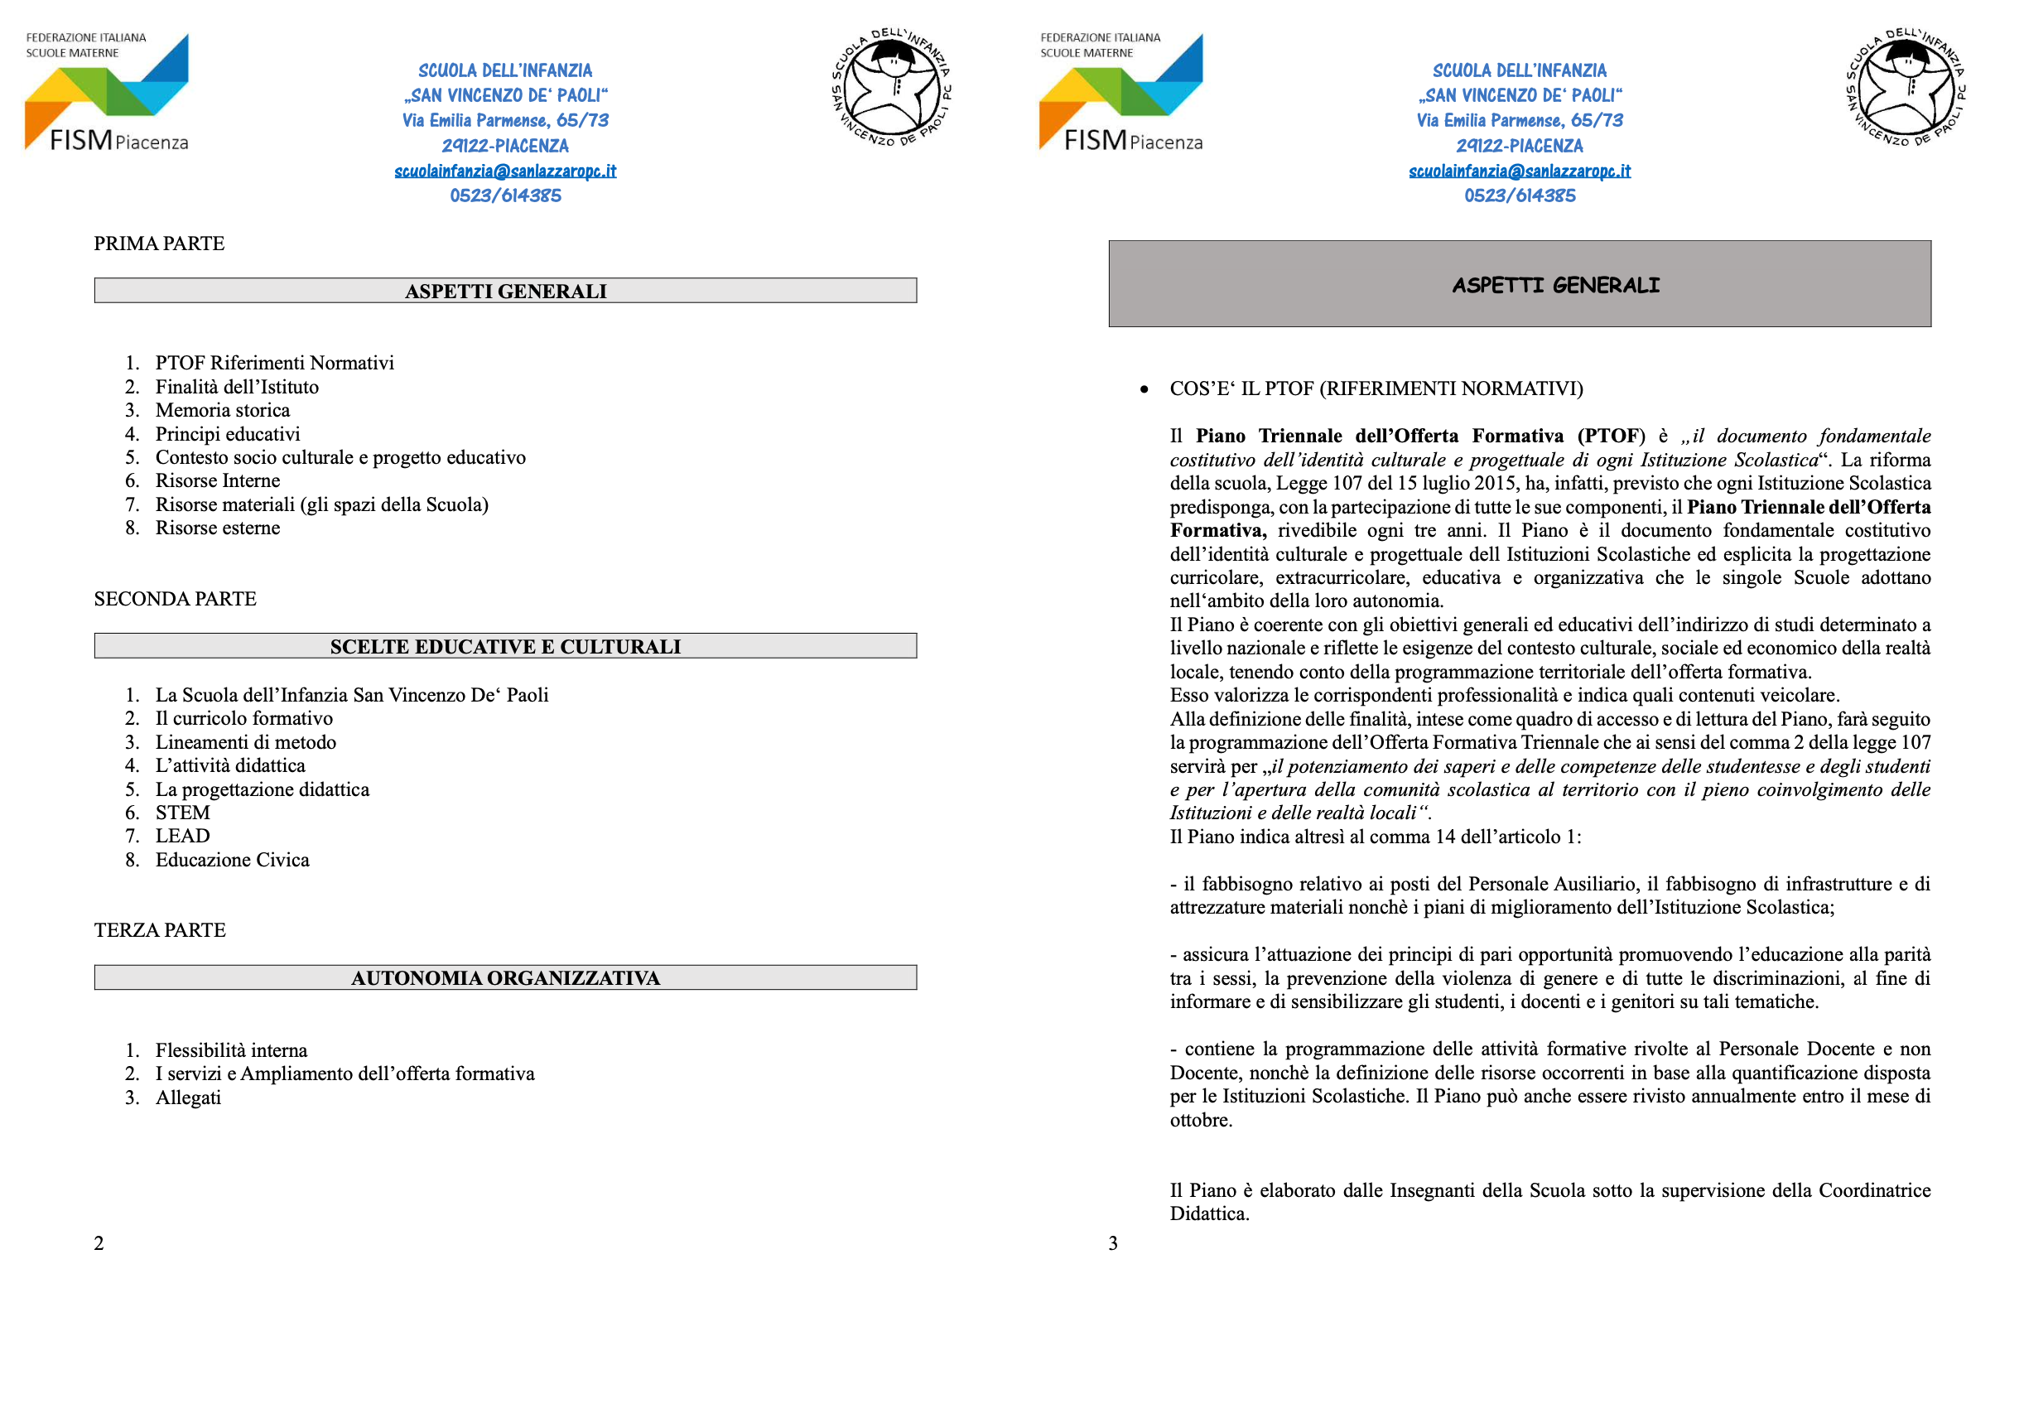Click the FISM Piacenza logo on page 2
click(x=107, y=93)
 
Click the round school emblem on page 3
click(x=1906, y=88)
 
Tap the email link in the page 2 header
click(x=505, y=171)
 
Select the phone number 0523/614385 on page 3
click(x=1520, y=195)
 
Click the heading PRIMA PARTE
click(x=160, y=244)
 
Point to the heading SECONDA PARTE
click(x=176, y=600)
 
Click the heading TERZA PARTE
click(x=161, y=931)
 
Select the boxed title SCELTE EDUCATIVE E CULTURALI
click(x=505, y=647)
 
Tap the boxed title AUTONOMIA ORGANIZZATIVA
click(x=505, y=978)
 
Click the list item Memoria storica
click(x=222, y=411)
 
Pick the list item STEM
click(x=182, y=813)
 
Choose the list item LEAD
click(x=182, y=837)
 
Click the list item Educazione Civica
click(x=232, y=861)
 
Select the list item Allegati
click(x=188, y=1098)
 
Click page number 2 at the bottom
click(x=99, y=1244)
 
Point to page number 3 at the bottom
click(x=1113, y=1244)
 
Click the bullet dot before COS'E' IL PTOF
click(x=1145, y=389)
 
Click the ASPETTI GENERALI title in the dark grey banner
click(x=1556, y=286)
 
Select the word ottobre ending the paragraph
click(x=1200, y=1121)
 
